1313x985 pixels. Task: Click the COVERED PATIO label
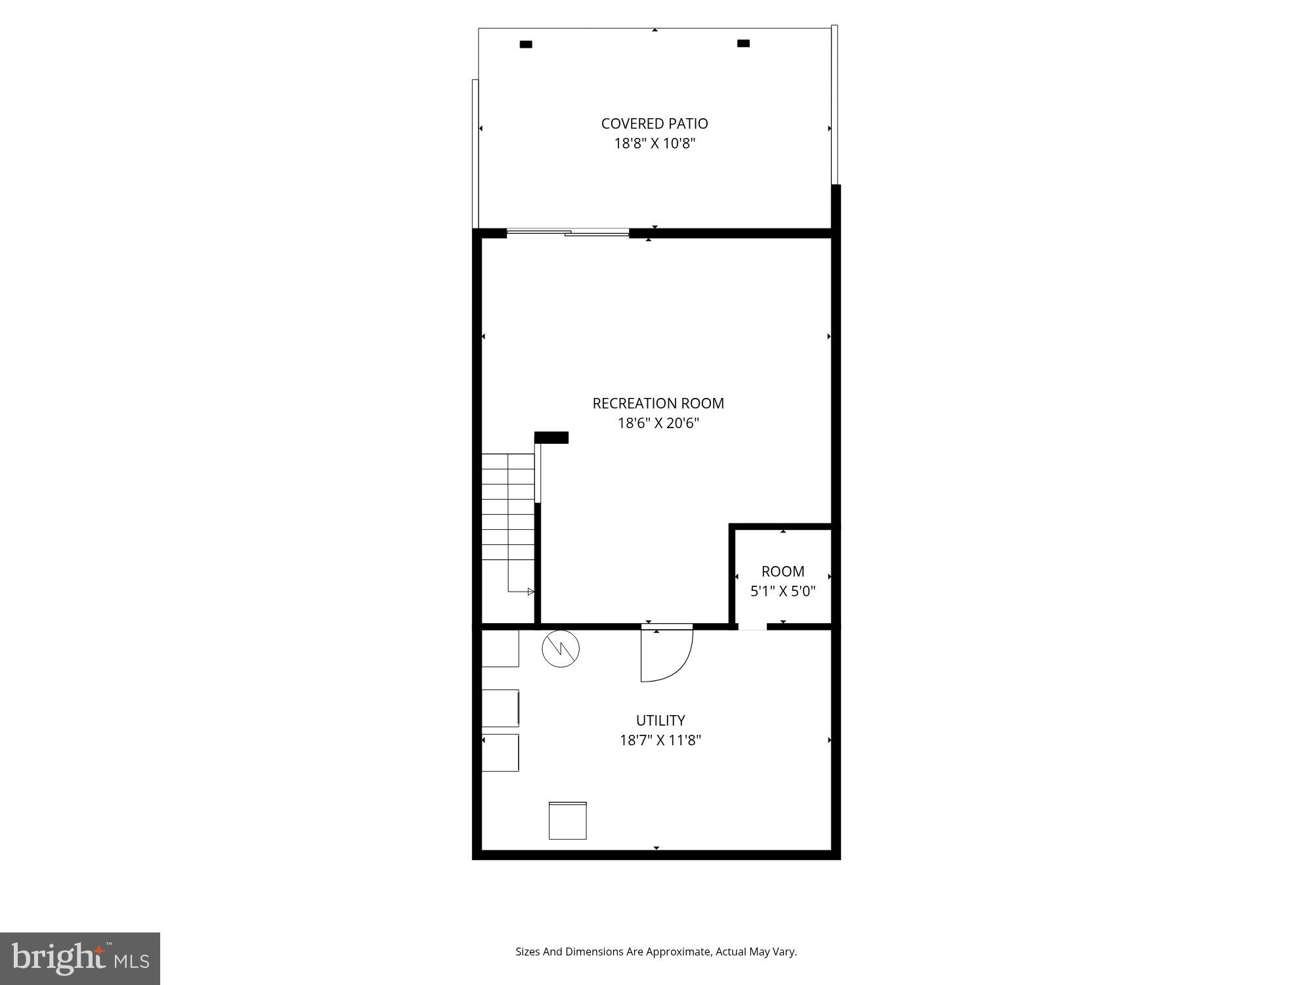(x=655, y=123)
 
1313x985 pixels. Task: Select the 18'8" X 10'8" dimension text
(x=655, y=144)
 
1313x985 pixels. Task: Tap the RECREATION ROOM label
(x=658, y=403)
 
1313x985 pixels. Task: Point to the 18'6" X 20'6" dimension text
(x=658, y=424)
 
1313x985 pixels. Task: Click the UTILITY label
(x=660, y=720)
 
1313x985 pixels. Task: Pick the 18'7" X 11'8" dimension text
(x=660, y=741)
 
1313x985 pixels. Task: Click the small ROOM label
(x=783, y=571)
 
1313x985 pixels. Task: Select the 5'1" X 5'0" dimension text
(x=783, y=592)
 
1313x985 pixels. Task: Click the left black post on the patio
(x=526, y=45)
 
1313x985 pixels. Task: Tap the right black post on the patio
(x=743, y=43)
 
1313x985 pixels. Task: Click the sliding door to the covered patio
(x=568, y=232)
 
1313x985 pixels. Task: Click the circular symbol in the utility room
(x=561, y=649)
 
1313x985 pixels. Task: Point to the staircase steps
(x=508, y=506)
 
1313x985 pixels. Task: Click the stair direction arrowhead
(x=530, y=592)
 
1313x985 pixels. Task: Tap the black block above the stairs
(x=551, y=437)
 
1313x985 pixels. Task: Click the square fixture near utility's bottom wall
(x=567, y=820)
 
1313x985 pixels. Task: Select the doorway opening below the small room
(x=752, y=626)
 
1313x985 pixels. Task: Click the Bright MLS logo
(x=80, y=958)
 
